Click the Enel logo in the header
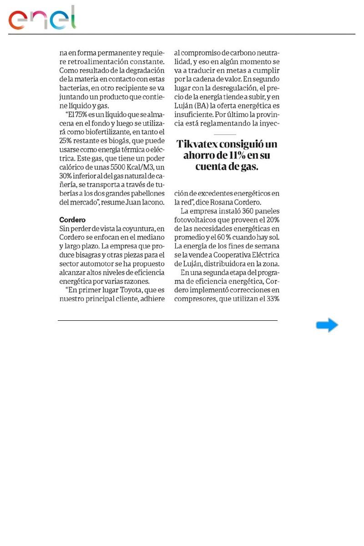pos(42,19)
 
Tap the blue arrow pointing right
pos(327,325)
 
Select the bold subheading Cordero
pos(72,219)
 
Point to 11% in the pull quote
pos(237,155)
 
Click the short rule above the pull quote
pos(224,134)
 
